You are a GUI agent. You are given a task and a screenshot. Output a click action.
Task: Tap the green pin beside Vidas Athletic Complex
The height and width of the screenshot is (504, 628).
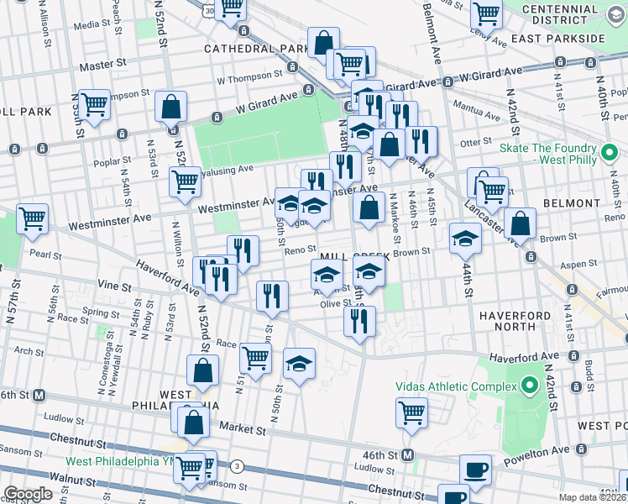point(529,386)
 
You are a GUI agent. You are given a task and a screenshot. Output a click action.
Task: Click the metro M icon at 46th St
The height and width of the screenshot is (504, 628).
point(407,454)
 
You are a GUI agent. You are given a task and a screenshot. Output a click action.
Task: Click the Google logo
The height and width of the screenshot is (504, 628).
point(28,494)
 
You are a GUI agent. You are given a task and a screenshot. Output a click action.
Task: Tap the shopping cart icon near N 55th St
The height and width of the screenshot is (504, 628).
point(95,104)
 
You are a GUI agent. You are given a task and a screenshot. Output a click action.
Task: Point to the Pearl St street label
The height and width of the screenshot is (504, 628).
point(46,252)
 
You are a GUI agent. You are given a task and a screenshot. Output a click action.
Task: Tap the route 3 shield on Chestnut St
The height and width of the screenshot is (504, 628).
point(238,465)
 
